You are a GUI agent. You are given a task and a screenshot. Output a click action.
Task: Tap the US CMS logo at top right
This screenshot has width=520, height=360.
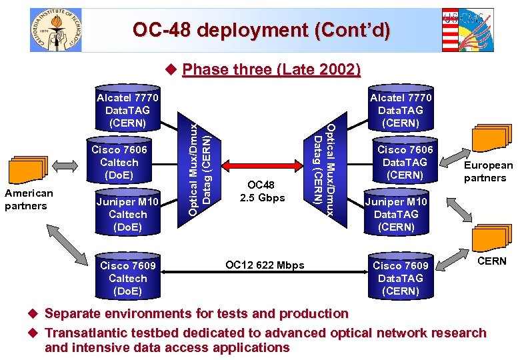tap(467, 30)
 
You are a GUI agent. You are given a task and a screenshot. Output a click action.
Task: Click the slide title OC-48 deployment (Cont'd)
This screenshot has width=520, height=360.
tap(261, 30)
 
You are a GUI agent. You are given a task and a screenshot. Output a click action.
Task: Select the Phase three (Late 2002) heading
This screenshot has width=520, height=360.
tap(271, 69)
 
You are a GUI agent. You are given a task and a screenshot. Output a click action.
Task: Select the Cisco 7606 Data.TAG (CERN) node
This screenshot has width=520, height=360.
tap(405, 163)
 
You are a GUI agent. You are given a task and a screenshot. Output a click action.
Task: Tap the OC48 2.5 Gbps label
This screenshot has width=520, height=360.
tap(265, 191)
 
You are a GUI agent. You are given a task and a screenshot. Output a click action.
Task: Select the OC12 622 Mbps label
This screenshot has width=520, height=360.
tap(265, 265)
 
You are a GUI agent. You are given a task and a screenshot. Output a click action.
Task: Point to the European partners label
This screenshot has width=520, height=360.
tap(488, 171)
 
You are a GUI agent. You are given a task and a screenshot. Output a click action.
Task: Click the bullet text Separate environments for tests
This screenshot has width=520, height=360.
tap(196, 313)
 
